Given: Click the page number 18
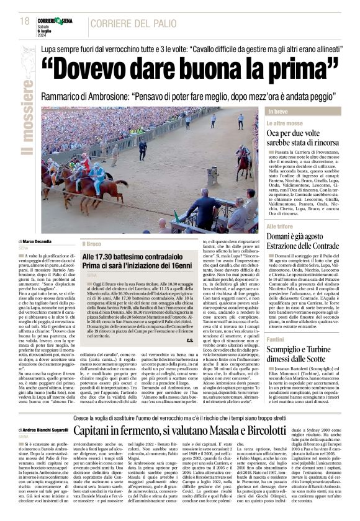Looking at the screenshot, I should [x=25, y=21].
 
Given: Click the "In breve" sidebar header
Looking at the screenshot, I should [x=295, y=111].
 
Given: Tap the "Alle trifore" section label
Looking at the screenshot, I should [x=298, y=226].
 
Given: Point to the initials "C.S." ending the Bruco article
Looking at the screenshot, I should [x=189, y=357].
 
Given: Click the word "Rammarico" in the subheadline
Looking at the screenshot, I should [x=68, y=97].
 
